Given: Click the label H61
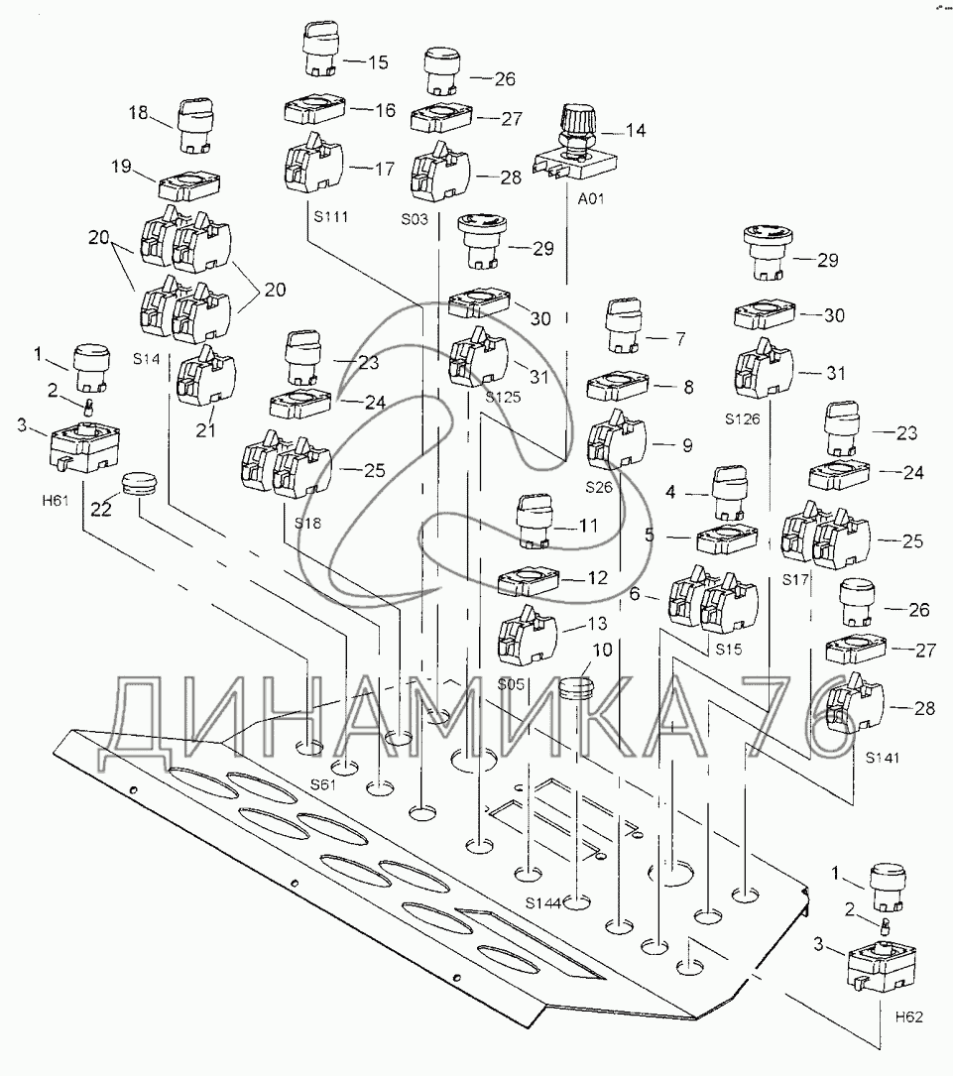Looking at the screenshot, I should point(55,500).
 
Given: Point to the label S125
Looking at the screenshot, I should point(502,396).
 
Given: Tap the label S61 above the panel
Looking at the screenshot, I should point(321,783).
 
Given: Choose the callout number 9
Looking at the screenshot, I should point(686,445).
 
